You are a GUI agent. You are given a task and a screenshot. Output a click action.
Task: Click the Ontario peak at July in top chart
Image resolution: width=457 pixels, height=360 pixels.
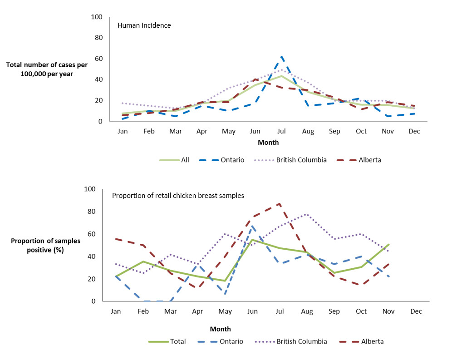point(282,57)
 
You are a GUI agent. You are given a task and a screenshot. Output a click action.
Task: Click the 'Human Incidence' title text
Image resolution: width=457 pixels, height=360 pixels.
point(144,25)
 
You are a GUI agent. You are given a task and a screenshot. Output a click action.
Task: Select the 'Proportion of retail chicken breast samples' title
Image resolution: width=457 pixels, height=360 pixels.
point(178,196)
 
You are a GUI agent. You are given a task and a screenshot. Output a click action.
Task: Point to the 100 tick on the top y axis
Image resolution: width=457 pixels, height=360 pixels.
point(97,17)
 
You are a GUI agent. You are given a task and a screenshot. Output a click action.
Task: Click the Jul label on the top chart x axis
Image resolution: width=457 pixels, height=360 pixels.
point(281,131)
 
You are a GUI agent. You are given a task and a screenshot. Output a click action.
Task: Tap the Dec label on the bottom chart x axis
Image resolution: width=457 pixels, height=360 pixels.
point(416,311)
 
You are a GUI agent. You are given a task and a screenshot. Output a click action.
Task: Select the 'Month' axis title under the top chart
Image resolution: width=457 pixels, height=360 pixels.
point(268,143)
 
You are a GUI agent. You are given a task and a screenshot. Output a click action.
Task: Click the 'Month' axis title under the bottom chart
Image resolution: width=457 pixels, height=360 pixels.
point(220,329)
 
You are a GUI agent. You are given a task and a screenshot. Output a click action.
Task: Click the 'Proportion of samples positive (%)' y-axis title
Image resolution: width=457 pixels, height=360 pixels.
point(45,245)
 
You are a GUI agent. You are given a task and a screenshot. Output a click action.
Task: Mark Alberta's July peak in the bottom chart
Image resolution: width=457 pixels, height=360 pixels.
point(280,203)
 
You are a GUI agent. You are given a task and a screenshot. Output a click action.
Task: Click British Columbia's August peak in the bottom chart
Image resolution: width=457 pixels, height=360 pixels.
point(307,214)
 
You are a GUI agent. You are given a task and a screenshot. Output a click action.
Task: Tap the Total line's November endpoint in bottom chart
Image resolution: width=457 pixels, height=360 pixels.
point(389,245)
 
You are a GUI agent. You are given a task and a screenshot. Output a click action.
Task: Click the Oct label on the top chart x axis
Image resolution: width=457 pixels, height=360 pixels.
point(361,131)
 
